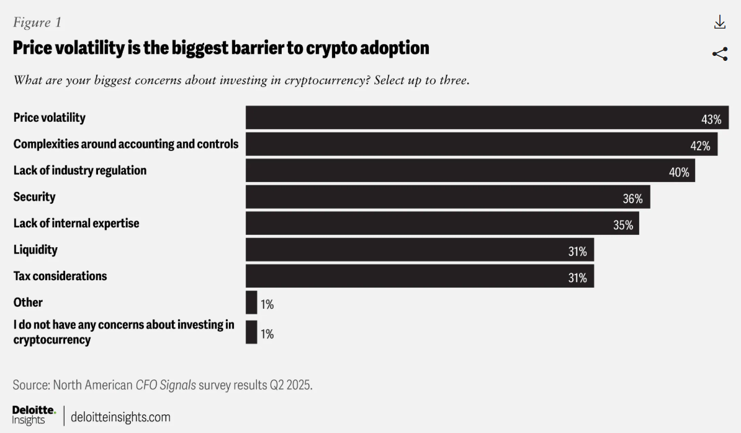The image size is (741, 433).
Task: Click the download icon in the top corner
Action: [719, 23]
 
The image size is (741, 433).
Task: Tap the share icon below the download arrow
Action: [719, 54]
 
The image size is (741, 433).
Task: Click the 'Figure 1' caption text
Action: [37, 22]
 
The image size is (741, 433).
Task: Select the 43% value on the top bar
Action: [711, 120]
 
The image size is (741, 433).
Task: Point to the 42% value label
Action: [700, 146]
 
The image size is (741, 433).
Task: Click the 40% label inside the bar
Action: [679, 173]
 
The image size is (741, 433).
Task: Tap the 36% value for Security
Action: [632, 199]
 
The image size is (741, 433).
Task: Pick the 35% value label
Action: [623, 225]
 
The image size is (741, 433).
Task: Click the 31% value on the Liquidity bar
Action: [577, 252]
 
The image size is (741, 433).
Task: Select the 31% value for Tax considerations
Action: [577, 278]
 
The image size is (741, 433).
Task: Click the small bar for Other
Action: [251, 303]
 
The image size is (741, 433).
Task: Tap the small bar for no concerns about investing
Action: [251, 332]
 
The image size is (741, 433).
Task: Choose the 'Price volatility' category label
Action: [50, 117]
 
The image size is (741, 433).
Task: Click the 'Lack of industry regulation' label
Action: [80, 170]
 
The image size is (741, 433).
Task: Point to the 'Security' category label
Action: [35, 197]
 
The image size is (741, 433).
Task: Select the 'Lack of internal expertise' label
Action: [76, 223]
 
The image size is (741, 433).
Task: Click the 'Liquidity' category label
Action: [35, 250]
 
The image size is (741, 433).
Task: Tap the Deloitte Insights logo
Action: [34, 416]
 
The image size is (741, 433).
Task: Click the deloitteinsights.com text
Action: [120, 417]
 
